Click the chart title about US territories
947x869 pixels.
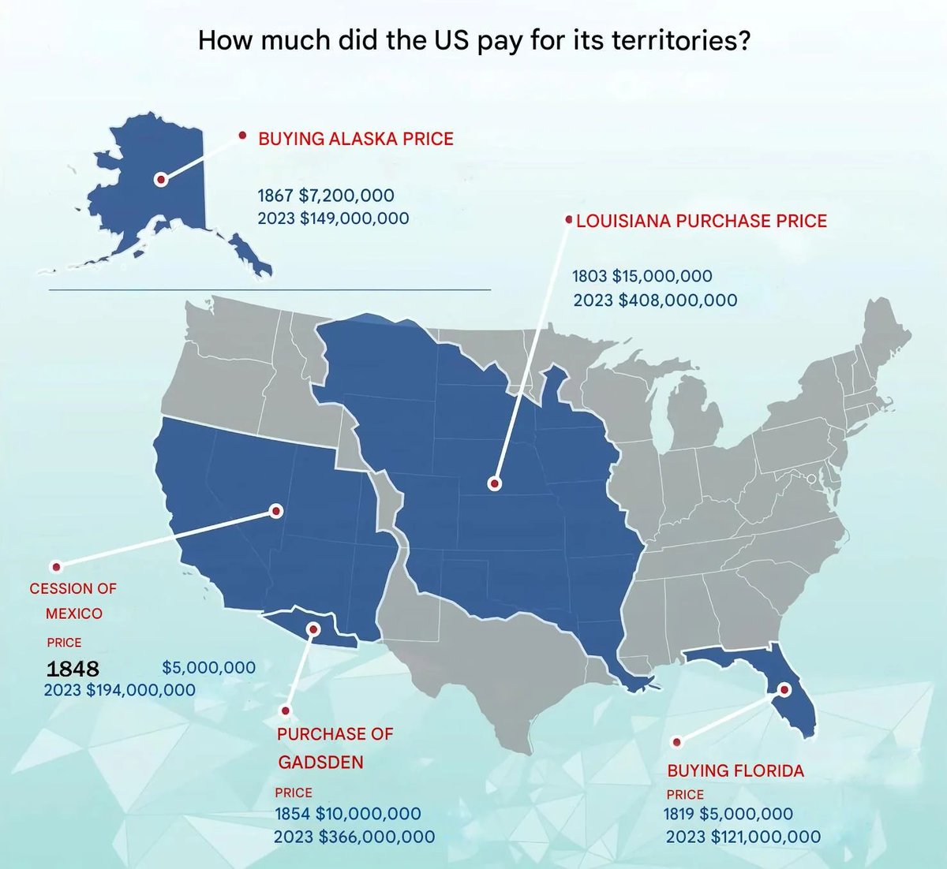pos(473,40)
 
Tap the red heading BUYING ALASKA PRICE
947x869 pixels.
pos(356,139)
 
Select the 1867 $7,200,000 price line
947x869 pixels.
pos(326,195)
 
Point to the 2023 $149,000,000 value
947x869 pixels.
pos(333,218)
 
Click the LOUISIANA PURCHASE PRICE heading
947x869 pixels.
pos(702,221)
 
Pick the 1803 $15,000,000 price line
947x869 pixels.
pos(642,276)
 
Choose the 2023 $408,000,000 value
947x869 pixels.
pos(655,300)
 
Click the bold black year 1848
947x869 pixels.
pos(73,669)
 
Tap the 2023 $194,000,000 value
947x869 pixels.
pos(119,690)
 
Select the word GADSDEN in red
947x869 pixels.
pos(320,763)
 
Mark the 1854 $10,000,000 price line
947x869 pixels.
pos(347,813)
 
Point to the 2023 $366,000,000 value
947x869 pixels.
pos(354,837)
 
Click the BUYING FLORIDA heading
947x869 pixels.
pos(736,770)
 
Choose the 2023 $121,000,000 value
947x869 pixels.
pos(743,837)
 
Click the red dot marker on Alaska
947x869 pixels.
pos(161,180)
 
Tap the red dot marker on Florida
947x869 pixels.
pos(784,688)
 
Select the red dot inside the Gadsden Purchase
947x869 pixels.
pos(313,629)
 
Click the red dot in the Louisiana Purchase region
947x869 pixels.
pos(494,483)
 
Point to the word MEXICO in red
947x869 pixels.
pos(73,613)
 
